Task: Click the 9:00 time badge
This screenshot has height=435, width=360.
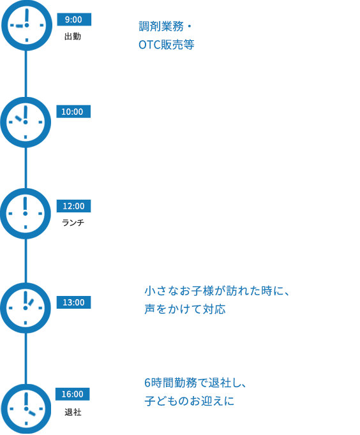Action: coord(74,20)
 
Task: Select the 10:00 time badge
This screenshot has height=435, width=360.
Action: coord(73,112)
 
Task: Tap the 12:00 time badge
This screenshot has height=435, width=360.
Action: coord(74,206)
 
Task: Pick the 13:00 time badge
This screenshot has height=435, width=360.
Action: coord(74,302)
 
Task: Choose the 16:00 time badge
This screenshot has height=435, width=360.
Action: coord(73,394)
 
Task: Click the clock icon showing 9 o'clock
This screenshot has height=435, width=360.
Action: coord(26,25)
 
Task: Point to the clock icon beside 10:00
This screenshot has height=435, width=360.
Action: coord(26,122)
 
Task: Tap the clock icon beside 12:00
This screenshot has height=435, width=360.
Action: coord(26,214)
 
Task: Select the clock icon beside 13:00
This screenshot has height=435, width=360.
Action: coord(26,307)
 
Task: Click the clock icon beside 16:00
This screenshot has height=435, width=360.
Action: coord(26,409)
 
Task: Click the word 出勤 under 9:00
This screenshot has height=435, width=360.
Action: coord(73,36)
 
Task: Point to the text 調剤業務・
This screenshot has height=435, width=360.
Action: coord(165,27)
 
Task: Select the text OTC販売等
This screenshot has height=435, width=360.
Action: coord(166,45)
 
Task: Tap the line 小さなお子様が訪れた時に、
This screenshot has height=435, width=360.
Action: coord(217,291)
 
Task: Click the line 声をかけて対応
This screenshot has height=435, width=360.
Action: coord(185,309)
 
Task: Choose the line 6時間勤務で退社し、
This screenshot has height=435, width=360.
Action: coord(195,383)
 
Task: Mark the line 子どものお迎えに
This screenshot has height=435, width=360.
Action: coord(190,401)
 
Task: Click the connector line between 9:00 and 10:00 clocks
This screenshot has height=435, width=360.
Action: coord(26,73)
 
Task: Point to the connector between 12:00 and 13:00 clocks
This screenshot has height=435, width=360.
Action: coord(26,261)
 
